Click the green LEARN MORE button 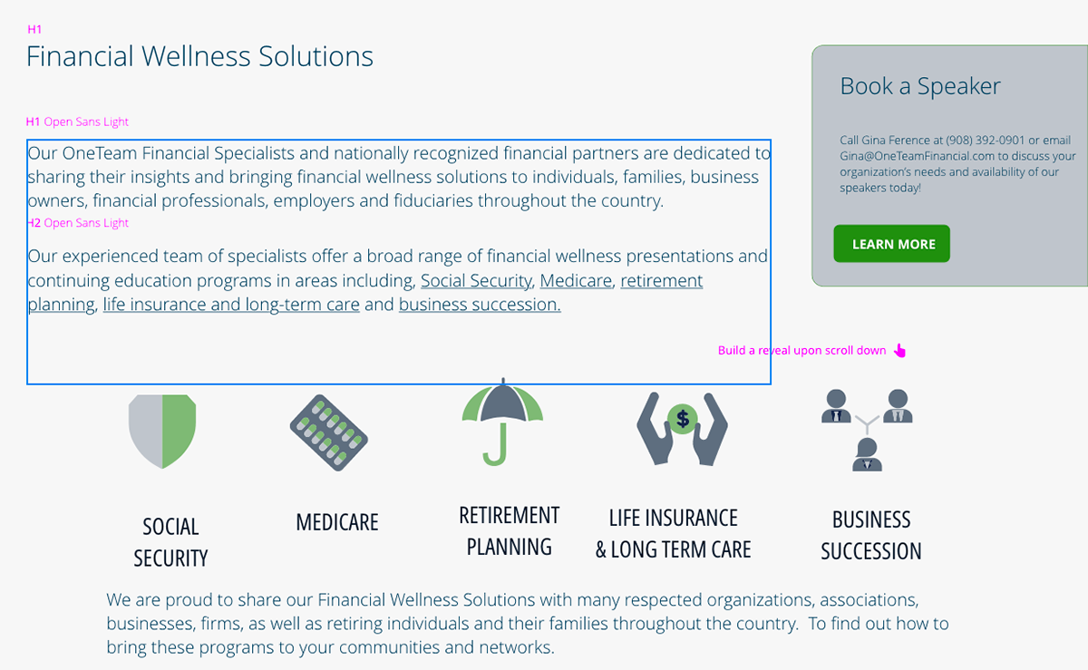(x=892, y=244)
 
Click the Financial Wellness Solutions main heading (x=199, y=56)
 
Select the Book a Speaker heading (x=920, y=86)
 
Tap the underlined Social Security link (x=476, y=281)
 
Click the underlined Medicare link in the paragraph (x=576, y=281)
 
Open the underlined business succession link (x=480, y=305)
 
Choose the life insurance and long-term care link (x=231, y=305)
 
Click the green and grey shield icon (x=162, y=431)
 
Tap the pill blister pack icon (x=328, y=432)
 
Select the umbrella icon (x=502, y=422)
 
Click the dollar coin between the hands (x=683, y=419)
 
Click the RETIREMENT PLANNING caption (x=510, y=531)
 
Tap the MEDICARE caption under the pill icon (x=337, y=522)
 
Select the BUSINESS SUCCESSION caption (x=871, y=535)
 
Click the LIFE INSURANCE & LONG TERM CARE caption (x=673, y=534)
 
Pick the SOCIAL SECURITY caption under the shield (x=170, y=542)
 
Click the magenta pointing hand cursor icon (x=899, y=351)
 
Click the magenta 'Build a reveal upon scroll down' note (x=801, y=351)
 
